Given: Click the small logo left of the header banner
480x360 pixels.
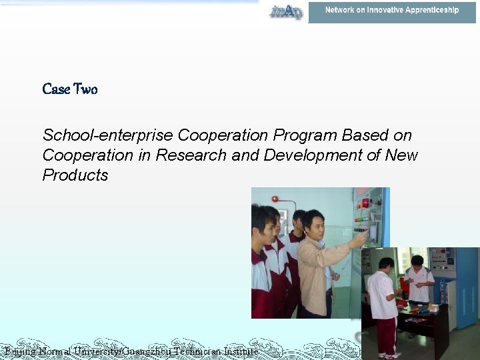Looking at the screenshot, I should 285,11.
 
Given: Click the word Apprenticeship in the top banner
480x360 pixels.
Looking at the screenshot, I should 427,11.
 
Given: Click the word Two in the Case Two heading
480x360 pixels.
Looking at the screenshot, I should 85,89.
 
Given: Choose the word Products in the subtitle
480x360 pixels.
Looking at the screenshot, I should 75,175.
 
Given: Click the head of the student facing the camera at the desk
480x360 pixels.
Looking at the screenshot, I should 417,261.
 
